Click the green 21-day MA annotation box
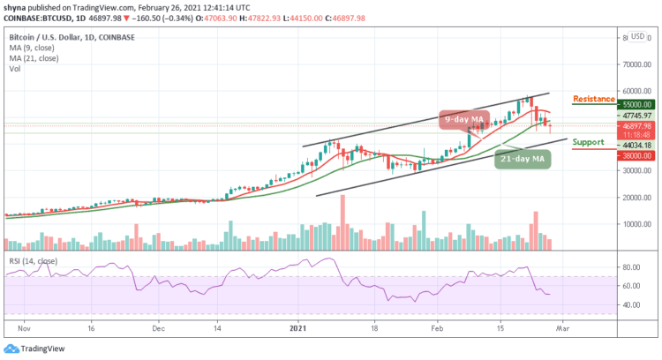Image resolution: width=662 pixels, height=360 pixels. point(519,160)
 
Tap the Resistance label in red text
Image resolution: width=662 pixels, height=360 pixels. point(593,99)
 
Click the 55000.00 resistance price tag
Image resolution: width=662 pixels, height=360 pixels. point(634,103)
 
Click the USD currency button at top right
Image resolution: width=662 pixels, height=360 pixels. point(637,37)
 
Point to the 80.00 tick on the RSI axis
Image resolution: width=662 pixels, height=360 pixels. point(628,266)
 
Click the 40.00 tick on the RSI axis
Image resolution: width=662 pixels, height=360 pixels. point(628,304)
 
